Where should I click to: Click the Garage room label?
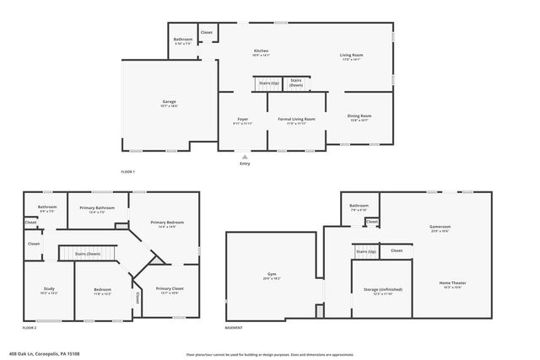click(170, 101)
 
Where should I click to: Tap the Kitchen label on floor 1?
click(261, 51)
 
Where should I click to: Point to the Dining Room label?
click(359, 116)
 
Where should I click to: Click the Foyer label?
click(242, 119)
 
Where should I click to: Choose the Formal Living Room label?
click(296, 119)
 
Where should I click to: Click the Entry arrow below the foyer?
click(245, 157)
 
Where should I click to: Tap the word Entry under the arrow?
click(245, 164)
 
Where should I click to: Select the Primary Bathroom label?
click(97, 207)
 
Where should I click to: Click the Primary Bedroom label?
click(167, 223)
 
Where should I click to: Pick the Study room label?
click(49, 289)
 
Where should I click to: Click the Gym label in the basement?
click(270, 274)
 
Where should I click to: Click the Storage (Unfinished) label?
click(382, 289)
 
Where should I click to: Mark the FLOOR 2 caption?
click(30, 326)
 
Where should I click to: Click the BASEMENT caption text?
click(234, 327)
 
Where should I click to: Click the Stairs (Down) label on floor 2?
click(88, 253)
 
